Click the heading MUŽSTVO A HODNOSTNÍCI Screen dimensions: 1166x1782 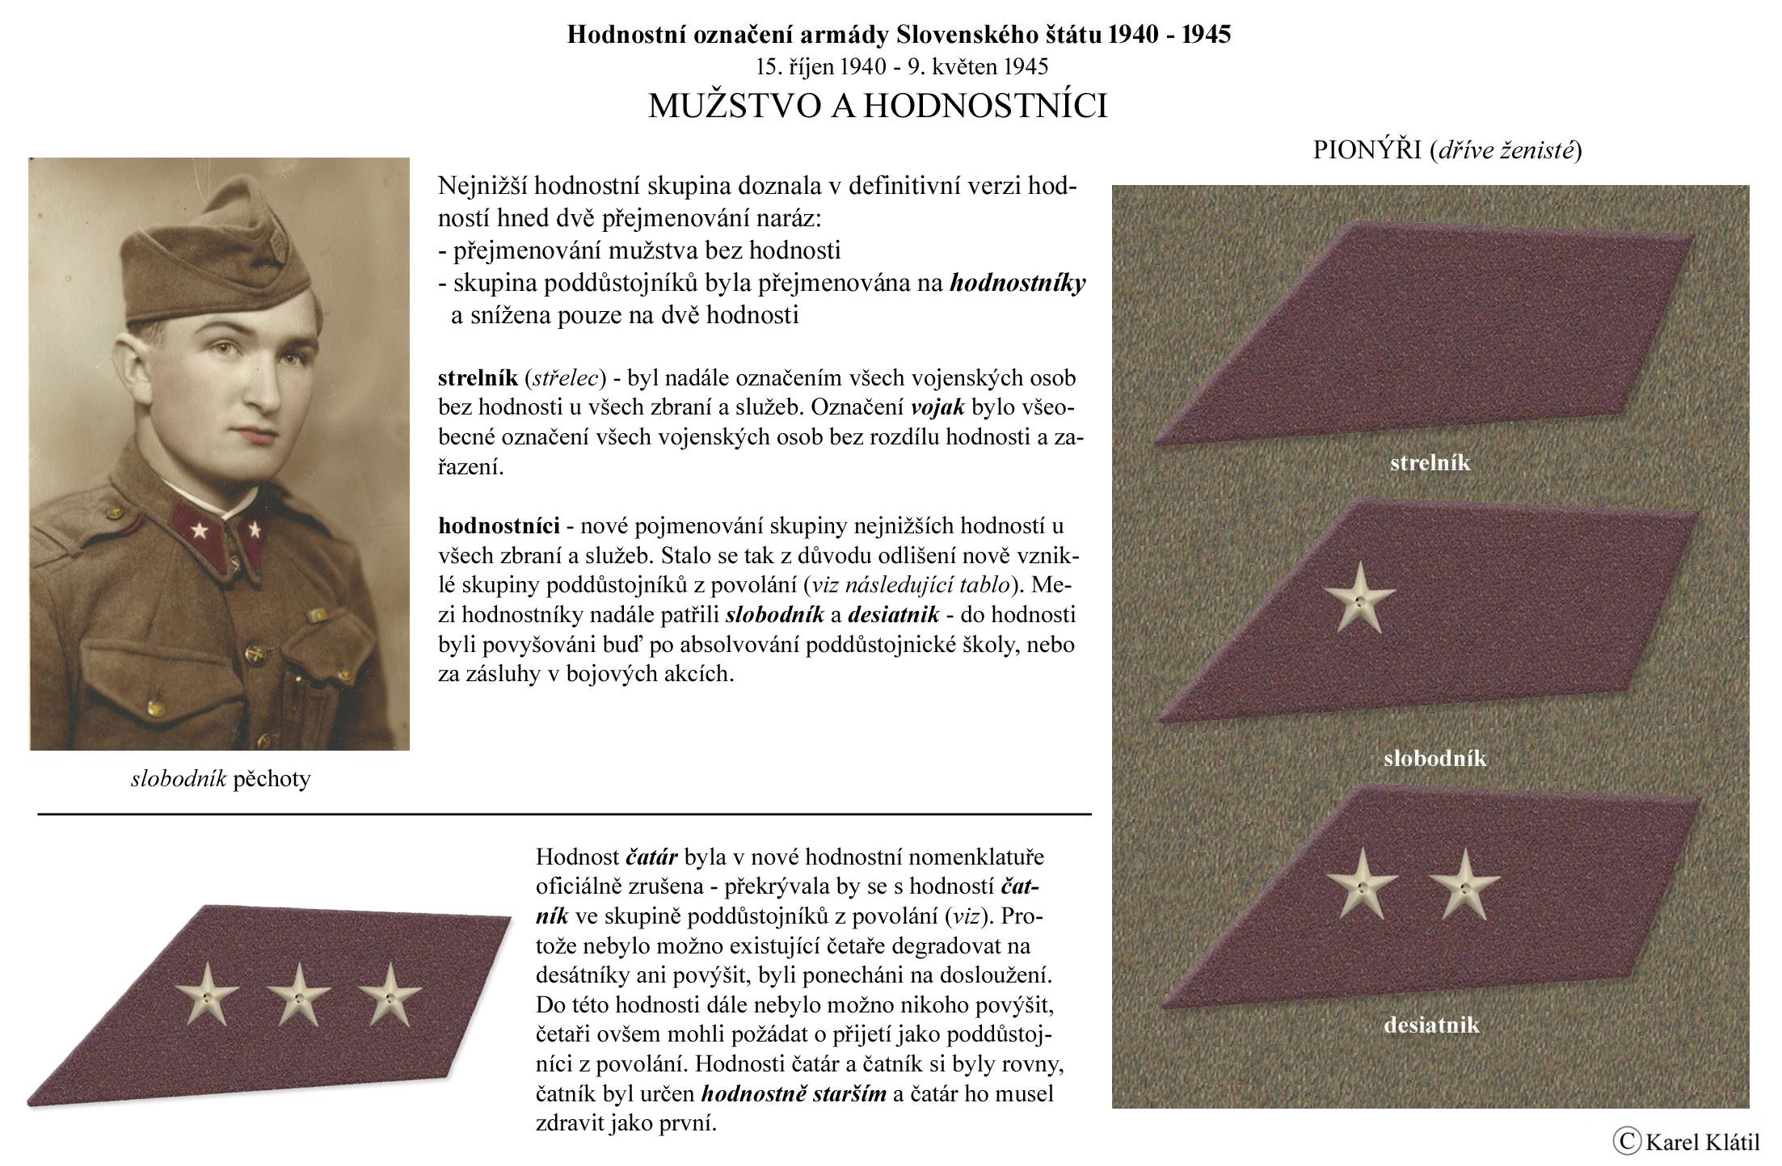pyautogui.click(x=878, y=106)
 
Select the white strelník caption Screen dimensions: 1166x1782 pyautogui.click(x=1430, y=463)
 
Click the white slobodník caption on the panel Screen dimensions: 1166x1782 pyautogui.click(x=1434, y=758)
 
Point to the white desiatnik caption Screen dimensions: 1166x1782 pyautogui.click(x=1431, y=1025)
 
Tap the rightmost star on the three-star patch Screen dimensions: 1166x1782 pyautogui.click(x=390, y=995)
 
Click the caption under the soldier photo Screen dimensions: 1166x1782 pyautogui.click(x=220, y=779)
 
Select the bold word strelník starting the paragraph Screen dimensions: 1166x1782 pyautogui.click(x=478, y=377)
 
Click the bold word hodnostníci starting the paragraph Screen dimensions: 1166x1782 pyautogui.click(x=499, y=526)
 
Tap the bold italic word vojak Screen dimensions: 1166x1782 pyautogui.click(x=937, y=407)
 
